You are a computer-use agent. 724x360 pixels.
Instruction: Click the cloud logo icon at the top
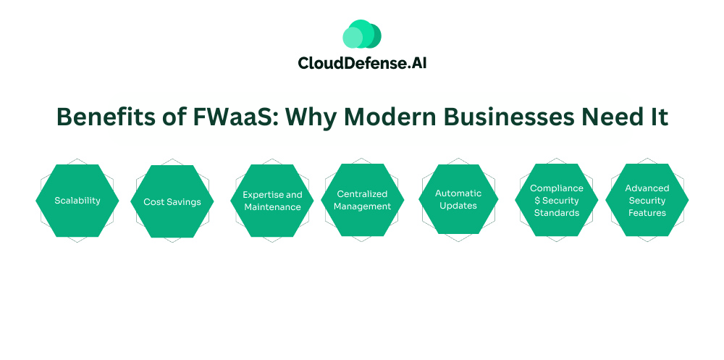pyautogui.click(x=361, y=34)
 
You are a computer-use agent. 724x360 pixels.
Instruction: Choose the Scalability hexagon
pyautogui.click(x=77, y=200)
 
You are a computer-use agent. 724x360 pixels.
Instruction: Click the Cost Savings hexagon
pyautogui.click(x=172, y=201)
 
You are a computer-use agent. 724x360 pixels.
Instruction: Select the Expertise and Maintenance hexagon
pyautogui.click(x=272, y=201)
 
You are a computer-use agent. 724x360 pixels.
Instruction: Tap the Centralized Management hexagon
pyautogui.click(x=362, y=200)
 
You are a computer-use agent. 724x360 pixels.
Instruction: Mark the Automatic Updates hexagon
pyautogui.click(x=458, y=199)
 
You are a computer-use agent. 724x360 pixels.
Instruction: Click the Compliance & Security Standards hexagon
pyautogui.click(x=556, y=200)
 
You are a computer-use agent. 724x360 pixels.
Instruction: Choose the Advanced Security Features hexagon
pyautogui.click(x=647, y=200)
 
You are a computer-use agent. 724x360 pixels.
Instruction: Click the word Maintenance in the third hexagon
pyautogui.click(x=272, y=207)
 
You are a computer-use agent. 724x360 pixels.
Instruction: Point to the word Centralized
pyautogui.click(x=362, y=193)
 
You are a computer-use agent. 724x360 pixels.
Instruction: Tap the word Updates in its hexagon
pyautogui.click(x=458, y=206)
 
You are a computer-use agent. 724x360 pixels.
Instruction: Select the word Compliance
pyautogui.click(x=556, y=188)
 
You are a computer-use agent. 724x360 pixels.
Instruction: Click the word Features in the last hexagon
pyautogui.click(x=647, y=213)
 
